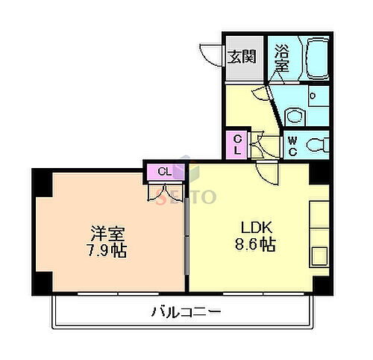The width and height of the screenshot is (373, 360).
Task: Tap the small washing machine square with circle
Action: (313, 96)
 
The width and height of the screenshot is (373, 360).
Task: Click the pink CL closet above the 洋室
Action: (165, 172)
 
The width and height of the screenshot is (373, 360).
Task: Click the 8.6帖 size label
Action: (254, 244)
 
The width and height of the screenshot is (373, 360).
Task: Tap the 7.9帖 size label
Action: (105, 250)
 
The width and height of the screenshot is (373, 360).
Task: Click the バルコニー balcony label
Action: (185, 311)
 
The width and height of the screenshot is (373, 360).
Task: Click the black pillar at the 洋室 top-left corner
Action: (42, 180)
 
